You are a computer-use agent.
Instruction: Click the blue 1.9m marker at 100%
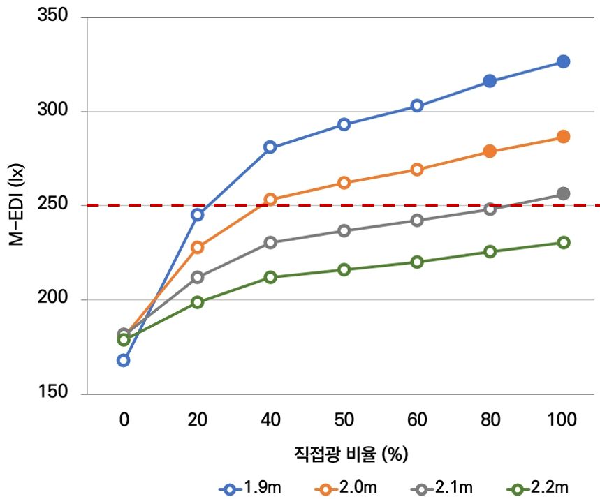tap(563, 61)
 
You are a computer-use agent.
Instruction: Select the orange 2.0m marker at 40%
tap(270, 200)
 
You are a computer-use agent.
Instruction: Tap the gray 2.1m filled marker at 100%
tap(563, 193)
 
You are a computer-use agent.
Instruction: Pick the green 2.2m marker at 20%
tap(197, 302)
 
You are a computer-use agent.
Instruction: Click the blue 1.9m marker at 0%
tap(124, 360)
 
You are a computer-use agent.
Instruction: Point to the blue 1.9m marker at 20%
tap(197, 215)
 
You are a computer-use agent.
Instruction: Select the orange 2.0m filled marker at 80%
tap(490, 151)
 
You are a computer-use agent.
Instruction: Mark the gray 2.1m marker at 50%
tap(344, 231)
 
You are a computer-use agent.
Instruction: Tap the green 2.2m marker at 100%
tap(563, 242)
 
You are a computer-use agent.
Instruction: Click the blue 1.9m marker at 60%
tap(417, 106)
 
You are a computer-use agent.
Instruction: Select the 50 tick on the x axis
tap(344, 419)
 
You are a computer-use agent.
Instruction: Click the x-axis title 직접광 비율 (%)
tap(350, 454)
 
